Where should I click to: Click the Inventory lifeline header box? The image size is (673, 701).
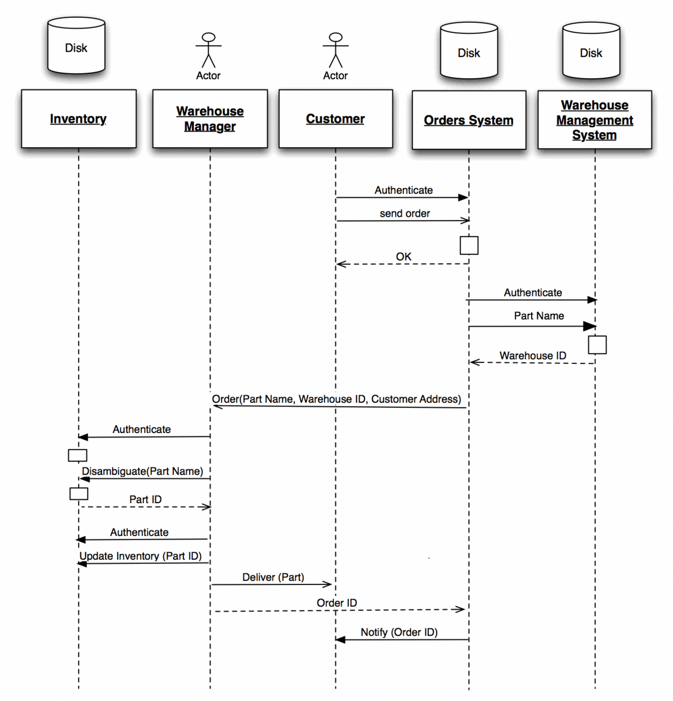tap(79, 119)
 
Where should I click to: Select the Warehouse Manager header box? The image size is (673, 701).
tap(210, 119)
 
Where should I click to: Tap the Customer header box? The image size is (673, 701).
tap(335, 119)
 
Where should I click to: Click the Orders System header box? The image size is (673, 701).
tap(469, 120)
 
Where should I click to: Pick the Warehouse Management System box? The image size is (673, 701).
tap(594, 120)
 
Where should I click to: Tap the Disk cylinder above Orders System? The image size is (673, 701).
tap(469, 51)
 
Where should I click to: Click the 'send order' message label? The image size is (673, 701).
tap(404, 214)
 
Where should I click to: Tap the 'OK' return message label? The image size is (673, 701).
tap(403, 257)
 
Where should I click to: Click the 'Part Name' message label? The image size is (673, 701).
tap(539, 316)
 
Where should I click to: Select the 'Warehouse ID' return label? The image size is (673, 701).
tap(532, 356)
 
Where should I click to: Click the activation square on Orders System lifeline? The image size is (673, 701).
tap(469, 245)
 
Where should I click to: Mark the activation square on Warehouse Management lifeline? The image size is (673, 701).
tap(597, 345)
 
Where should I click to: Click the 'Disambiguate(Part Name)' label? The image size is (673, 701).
tap(142, 471)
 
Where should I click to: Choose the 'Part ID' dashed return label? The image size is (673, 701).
tap(145, 500)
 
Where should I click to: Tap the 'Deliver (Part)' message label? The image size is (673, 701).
tap(273, 578)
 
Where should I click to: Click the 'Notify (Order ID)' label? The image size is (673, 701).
tap(399, 633)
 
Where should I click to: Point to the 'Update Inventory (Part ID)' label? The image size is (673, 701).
tap(140, 556)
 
